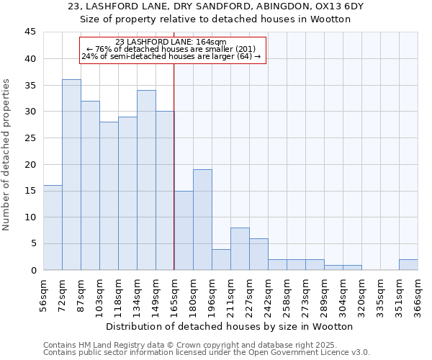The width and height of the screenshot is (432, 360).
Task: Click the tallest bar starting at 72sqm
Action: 71,175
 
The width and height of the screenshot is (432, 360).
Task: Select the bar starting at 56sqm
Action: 53,228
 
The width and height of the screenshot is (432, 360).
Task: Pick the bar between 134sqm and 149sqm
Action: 146,180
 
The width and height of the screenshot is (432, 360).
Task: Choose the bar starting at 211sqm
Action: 240,249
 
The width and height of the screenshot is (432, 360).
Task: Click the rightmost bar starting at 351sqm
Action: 408,264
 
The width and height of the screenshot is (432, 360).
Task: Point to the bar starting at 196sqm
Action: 221,259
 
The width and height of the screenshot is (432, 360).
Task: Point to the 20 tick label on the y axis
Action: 30,164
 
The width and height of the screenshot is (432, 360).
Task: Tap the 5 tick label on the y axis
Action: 33,243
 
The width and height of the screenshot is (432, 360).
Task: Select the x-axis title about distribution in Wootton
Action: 229,326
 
